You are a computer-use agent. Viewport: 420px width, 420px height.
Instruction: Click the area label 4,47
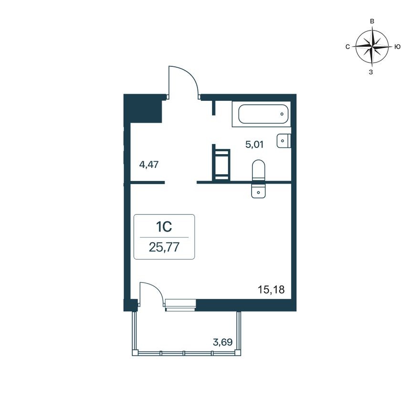tap(148, 165)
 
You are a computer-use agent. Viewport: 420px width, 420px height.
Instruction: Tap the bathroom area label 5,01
tap(255, 144)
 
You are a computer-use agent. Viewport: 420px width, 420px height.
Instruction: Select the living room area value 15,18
tap(267, 289)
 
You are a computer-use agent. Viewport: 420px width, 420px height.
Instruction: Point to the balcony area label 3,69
tap(222, 342)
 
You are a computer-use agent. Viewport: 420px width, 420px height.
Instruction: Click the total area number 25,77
tap(164, 248)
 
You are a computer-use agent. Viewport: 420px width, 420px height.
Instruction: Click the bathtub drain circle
tap(283, 114)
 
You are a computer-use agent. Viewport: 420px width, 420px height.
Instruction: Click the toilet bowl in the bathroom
tap(258, 170)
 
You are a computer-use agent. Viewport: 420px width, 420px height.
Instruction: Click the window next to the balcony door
tap(180, 305)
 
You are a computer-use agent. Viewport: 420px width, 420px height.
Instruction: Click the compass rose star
tap(372, 47)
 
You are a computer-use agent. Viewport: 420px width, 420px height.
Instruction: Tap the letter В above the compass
tap(372, 21)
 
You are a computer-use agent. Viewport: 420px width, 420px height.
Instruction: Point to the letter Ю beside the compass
tap(397, 47)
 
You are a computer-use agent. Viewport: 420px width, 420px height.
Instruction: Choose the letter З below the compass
tap(371, 72)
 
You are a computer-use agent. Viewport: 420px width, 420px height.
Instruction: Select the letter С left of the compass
tap(347, 47)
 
